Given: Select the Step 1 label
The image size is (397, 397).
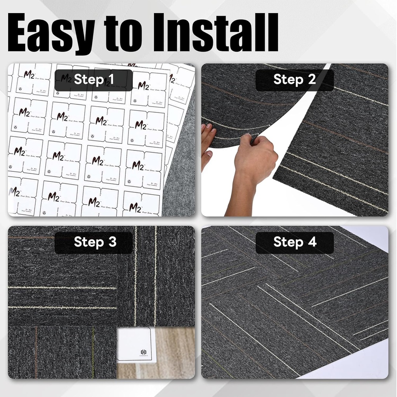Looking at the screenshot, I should (x=94, y=80).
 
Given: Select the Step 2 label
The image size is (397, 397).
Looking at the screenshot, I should (x=295, y=80).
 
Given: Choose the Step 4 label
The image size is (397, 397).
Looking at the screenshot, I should (x=295, y=242).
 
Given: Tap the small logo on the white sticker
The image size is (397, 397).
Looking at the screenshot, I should (x=144, y=352).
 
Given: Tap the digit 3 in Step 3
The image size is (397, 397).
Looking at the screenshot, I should (x=112, y=242).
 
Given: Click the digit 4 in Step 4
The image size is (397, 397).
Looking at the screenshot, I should (x=312, y=242).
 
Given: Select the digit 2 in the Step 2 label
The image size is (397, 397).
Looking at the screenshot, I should (x=312, y=80).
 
